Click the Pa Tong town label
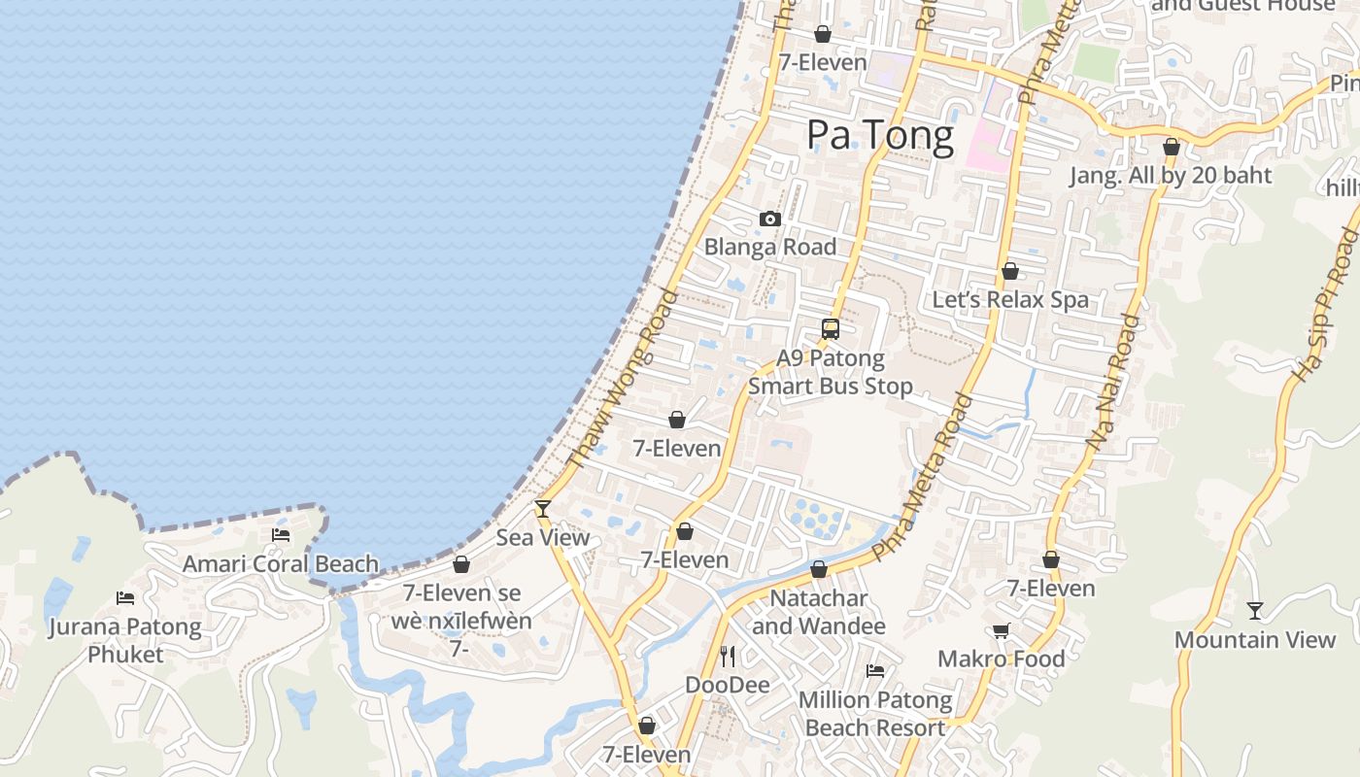coord(880,135)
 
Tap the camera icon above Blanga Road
coord(770,220)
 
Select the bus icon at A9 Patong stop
coord(831,329)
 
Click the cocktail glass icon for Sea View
coord(543,508)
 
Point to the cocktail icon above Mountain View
coord(1255,611)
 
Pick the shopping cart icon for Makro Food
coord(1001,631)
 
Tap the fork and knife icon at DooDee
coord(728,657)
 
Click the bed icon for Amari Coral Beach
coord(281,535)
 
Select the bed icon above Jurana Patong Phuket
coord(125,598)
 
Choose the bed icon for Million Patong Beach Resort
coord(875,671)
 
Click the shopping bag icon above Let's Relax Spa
coord(1010,272)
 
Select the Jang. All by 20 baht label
coord(1171,176)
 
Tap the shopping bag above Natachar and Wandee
coord(819,570)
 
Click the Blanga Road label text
coord(770,247)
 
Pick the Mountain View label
coord(1255,640)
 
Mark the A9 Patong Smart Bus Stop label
coord(831,372)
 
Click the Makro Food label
coord(1001,659)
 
